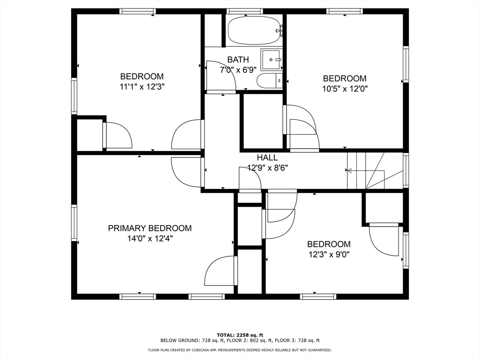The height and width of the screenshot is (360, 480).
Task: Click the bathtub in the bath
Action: pyautogui.click(x=254, y=30)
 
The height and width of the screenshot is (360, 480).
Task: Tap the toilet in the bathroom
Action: pyautogui.click(x=270, y=81)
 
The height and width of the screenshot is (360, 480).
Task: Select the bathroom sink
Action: pyautogui.click(x=271, y=60)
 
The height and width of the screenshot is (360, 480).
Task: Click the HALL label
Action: pyautogui.click(x=267, y=157)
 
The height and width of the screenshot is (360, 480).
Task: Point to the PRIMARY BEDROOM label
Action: pyautogui.click(x=150, y=228)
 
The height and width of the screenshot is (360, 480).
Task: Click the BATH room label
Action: pyautogui.click(x=238, y=60)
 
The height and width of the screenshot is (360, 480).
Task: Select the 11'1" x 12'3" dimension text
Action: pyautogui.click(x=142, y=87)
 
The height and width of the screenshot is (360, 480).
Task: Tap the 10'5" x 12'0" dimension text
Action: pyautogui.click(x=345, y=89)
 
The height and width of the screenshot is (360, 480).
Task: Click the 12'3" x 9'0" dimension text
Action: pyautogui.click(x=329, y=255)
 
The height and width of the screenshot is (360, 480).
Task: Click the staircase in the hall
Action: pyautogui.click(x=375, y=171)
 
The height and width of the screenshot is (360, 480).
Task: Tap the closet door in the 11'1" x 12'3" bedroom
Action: pyautogui.click(x=118, y=135)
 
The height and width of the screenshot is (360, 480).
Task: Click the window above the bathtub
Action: pyautogui.click(x=245, y=11)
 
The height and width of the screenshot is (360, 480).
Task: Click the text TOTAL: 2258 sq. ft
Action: pyautogui.click(x=240, y=335)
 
